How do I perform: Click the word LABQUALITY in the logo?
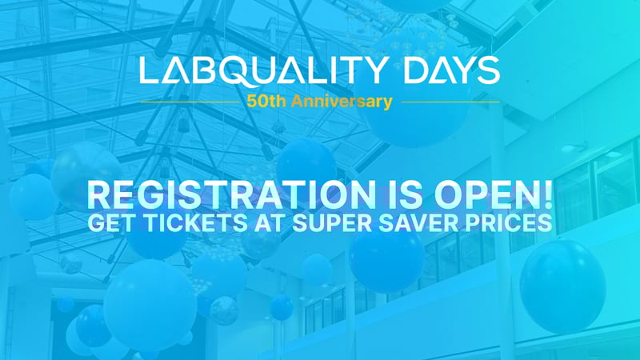pos(262,70)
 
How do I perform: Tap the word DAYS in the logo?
pos(452,70)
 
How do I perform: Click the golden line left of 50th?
pos(190,102)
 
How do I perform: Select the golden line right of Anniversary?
pos(450,102)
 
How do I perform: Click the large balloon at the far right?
pos(562,286)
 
